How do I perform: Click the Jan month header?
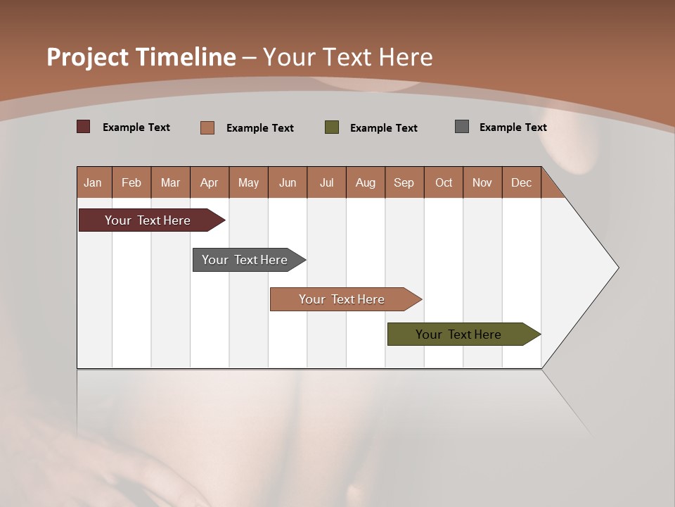pyautogui.click(x=93, y=182)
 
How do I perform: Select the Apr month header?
pyautogui.click(x=210, y=182)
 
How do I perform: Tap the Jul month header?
pyautogui.click(x=326, y=182)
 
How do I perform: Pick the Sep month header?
pyautogui.click(x=404, y=182)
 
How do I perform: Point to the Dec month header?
pyautogui.click(x=521, y=182)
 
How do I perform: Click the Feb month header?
pyautogui.click(x=131, y=182)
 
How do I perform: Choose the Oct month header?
pyautogui.click(x=444, y=182)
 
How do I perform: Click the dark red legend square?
pyautogui.click(x=84, y=127)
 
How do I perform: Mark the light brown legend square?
pyautogui.click(x=207, y=127)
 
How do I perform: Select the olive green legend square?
pyautogui.click(x=332, y=127)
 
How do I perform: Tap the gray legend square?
pyautogui.click(x=462, y=127)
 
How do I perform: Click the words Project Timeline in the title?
pyautogui.click(x=141, y=57)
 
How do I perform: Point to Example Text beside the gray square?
pyautogui.click(x=513, y=127)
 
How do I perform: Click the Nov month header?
pyautogui.click(x=482, y=182)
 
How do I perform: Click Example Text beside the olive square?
pyautogui.click(x=383, y=128)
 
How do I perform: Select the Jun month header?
pyautogui.click(x=288, y=182)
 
